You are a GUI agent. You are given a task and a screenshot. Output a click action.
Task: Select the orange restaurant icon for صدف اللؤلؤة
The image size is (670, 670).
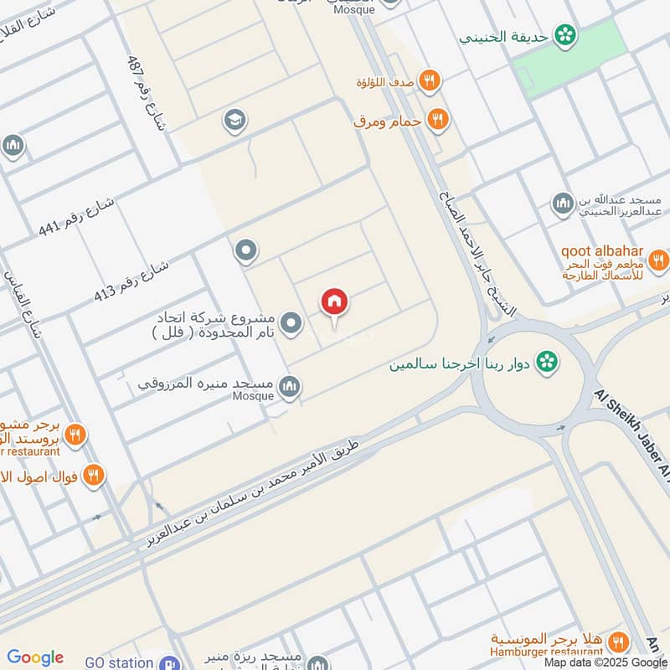click(x=430, y=80)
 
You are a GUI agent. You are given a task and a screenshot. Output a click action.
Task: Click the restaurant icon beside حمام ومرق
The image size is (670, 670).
click(x=436, y=120)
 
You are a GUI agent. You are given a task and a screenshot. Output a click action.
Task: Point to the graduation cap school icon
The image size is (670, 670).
click(x=234, y=121)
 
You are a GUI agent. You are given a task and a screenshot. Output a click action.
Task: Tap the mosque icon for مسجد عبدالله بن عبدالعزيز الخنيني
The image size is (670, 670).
click(x=561, y=203)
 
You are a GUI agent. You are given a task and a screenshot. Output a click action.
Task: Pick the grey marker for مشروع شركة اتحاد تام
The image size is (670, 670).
click(x=291, y=322)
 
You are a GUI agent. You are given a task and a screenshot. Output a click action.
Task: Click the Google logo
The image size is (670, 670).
click(x=35, y=657)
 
